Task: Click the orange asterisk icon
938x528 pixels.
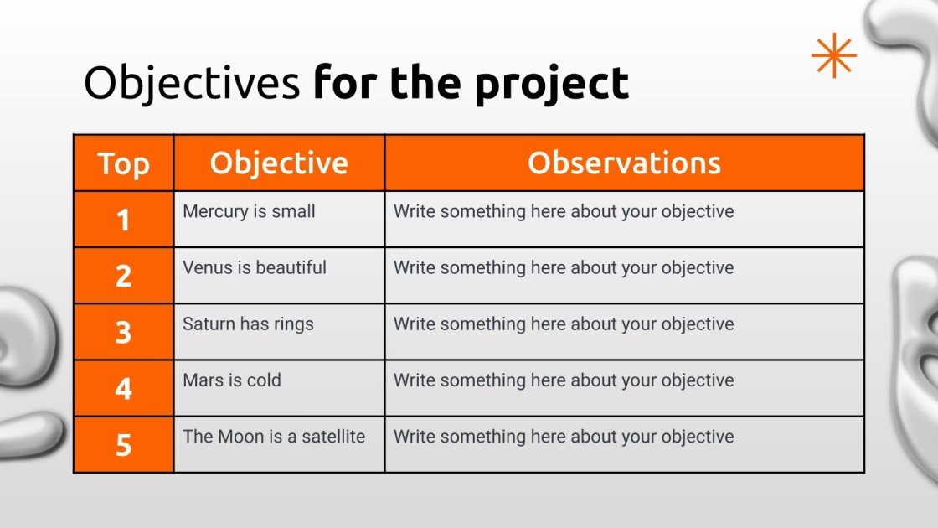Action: pos(834,55)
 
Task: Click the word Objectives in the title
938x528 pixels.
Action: pos(192,83)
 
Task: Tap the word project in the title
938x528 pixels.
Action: pos(552,85)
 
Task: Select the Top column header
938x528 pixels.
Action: pos(124,163)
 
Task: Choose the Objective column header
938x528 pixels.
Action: pos(280,163)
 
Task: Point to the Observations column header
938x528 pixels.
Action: pos(625,163)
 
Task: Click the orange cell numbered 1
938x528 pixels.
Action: pos(124,219)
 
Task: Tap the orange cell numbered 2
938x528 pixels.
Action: pos(124,276)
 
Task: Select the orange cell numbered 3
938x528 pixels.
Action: pos(124,332)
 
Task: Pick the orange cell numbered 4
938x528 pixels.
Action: pos(124,388)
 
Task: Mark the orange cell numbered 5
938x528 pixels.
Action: pos(124,444)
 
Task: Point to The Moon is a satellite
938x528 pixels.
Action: pos(273,437)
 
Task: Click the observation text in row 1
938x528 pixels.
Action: pos(564,211)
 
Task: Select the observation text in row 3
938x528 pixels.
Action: pos(564,324)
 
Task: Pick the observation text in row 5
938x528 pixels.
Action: pos(564,437)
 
